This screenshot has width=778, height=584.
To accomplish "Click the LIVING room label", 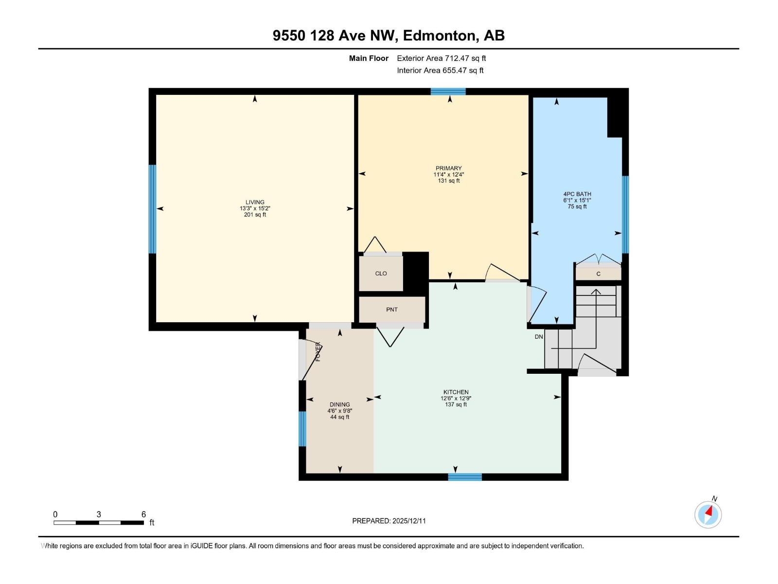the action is (255, 202).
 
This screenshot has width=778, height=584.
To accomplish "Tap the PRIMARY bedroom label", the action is (448, 168).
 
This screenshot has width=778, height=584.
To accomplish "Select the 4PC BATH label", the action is (577, 194).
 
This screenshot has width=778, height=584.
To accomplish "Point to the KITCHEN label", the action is (456, 392).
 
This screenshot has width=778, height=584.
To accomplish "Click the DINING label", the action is (339, 404).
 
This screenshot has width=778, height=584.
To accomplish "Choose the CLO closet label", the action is (381, 274).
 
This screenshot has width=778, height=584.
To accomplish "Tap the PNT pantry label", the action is (391, 310).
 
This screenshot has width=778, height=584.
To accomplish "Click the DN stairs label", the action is (539, 336).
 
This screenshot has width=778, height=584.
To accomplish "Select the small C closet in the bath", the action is (598, 274).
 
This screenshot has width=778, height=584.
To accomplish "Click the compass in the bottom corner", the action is (708, 514).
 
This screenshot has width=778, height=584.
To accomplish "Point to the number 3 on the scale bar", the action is (99, 514).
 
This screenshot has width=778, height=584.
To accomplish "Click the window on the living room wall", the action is (152, 209).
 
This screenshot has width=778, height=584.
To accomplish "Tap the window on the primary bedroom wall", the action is (448, 91).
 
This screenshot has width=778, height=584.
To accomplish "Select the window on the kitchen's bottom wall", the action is (465, 477).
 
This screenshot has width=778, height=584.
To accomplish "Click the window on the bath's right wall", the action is (625, 215).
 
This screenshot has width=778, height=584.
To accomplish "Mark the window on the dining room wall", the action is (302, 429).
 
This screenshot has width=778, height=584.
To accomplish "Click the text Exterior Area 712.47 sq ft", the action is (442, 58).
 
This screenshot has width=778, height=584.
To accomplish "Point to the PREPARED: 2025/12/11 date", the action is (389, 521).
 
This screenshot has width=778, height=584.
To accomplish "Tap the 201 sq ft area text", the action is (255, 215).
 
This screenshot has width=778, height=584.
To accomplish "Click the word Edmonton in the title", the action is (439, 36).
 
